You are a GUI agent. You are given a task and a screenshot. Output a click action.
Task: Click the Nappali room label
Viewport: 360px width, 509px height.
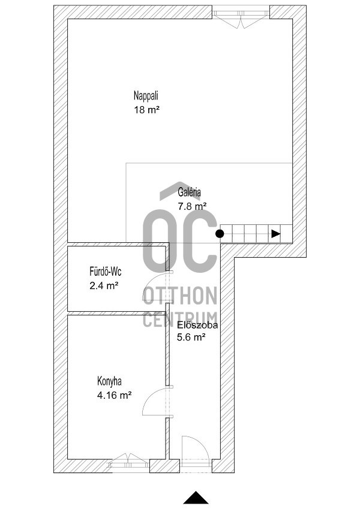146,96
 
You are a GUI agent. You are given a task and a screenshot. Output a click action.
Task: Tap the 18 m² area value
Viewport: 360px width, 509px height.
147,110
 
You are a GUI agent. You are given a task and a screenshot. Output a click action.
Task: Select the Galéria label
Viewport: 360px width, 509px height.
190,192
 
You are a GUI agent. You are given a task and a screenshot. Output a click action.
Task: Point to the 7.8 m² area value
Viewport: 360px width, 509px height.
193,206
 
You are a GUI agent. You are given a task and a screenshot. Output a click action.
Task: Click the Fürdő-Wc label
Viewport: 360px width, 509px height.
106,271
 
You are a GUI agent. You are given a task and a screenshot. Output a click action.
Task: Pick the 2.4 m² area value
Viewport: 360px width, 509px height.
104,285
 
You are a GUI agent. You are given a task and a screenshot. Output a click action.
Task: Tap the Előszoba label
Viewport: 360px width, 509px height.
197,324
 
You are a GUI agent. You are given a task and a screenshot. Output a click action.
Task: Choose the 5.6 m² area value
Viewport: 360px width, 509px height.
191,338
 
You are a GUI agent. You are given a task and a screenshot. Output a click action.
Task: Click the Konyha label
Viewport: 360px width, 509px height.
109,381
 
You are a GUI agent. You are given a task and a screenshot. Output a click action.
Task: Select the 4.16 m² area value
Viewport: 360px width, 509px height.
115,395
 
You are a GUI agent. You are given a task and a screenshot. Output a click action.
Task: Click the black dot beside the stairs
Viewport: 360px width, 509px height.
220,233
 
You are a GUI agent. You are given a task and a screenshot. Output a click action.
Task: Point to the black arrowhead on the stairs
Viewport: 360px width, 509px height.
276,234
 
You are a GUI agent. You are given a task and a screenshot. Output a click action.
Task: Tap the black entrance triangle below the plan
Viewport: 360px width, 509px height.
196,498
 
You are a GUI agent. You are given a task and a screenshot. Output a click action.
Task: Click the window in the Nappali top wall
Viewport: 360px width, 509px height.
241,17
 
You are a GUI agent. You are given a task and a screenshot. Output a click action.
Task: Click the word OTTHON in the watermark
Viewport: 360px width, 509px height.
180,296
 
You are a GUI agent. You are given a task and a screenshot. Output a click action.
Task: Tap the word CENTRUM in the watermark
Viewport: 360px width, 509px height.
180,319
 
